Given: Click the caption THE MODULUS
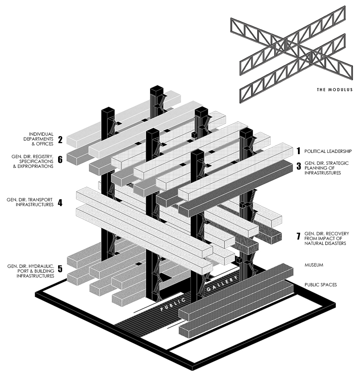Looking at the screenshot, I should point(334,90).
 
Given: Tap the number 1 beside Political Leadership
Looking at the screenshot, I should point(298,151).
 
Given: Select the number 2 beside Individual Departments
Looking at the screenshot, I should point(60,140).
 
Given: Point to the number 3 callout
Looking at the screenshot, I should point(298,166).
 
